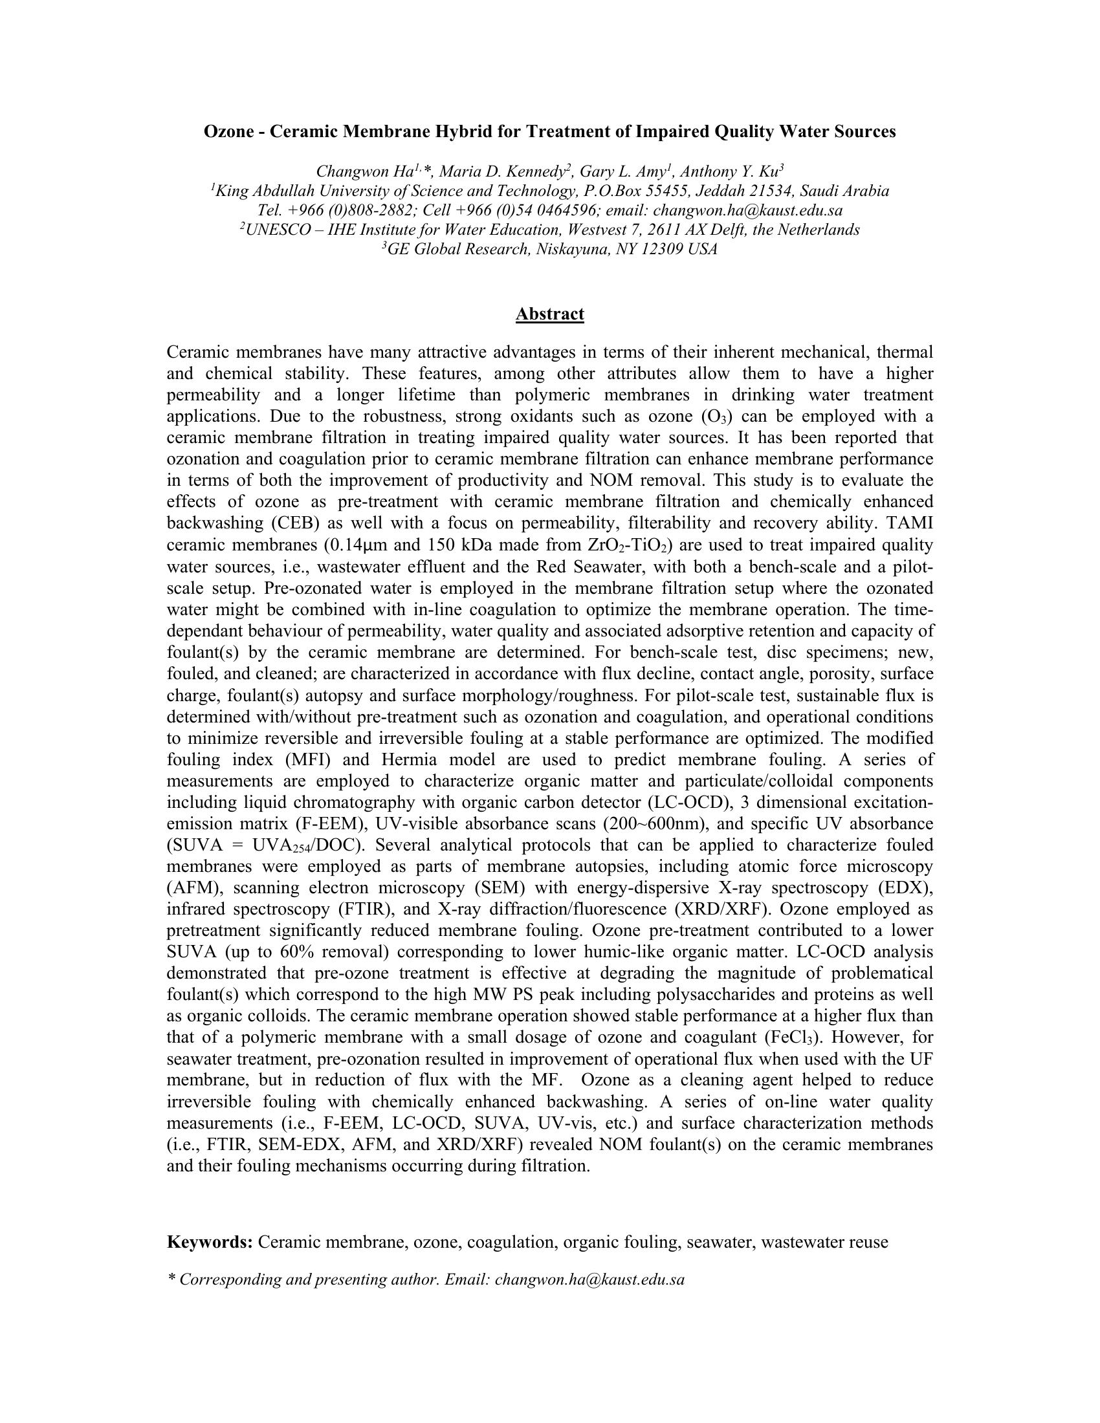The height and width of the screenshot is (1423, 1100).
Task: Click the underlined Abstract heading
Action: click(x=549, y=314)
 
